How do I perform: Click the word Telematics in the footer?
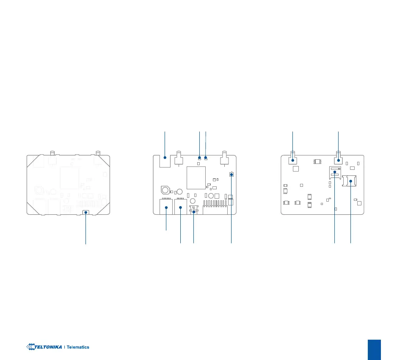[78, 347]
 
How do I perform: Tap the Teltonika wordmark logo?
[44, 347]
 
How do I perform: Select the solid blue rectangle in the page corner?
[374, 350]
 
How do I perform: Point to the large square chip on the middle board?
[196, 177]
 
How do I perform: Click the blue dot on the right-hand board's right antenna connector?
[339, 160]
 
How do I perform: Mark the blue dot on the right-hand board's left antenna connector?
[293, 160]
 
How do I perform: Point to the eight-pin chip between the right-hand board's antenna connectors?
[317, 161]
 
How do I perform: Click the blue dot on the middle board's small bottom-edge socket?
[194, 211]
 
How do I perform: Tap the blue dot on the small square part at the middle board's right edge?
[231, 174]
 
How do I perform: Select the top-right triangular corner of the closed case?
[105, 160]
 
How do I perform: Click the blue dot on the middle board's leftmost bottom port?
[166, 208]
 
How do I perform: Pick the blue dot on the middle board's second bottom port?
[181, 208]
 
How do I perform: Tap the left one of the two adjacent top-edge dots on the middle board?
[199, 158]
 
